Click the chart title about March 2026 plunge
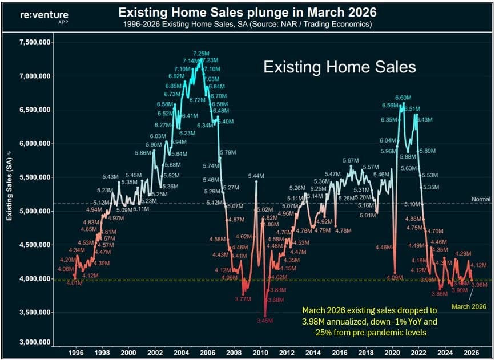pyautogui.click(x=248, y=11)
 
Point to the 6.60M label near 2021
pyautogui.click(x=403, y=98)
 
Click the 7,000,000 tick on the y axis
pyautogui.click(x=35, y=76)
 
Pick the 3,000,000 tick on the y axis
pyautogui.click(x=35, y=342)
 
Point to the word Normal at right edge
pyautogui.click(x=480, y=199)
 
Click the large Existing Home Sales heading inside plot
pyautogui.click(x=339, y=67)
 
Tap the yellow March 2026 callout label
pyautogui.click(x=468, y=306)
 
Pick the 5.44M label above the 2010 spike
pyautogui.click(x=256, y=176)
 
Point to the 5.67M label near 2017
pyautogui.click(x=351, y=161)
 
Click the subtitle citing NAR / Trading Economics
pyautogui.click(x=248, y=24)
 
